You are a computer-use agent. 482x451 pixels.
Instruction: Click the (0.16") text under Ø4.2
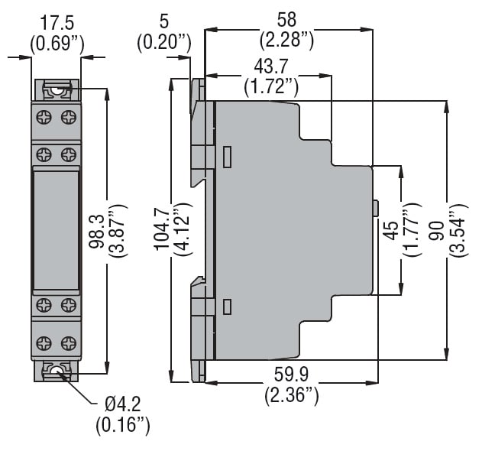pyautogui.click(x=123, y=424)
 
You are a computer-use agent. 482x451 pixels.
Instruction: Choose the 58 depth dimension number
pyautogui.click(x=288, y=16)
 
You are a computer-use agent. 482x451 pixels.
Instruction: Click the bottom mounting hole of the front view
pyautogui.click(x=56, y=372)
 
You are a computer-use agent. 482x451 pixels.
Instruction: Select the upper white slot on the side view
pyautogui.click(x=227, y=157)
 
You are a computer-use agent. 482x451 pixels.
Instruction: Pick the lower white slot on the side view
pyautogui.click(x=227, y=307)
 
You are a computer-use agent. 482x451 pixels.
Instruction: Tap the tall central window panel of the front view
pyautogui.click(x=56, y=229)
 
